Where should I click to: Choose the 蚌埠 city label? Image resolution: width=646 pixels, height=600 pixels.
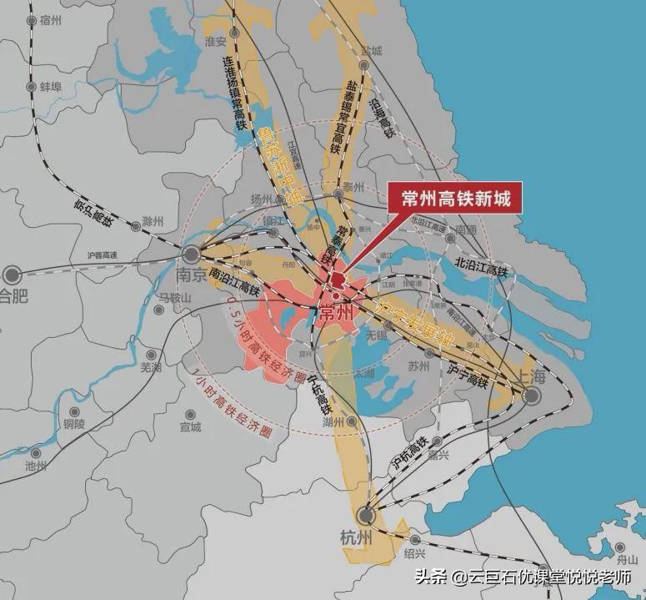point(51,86)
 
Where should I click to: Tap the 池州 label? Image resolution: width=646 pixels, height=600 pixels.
point(36,466)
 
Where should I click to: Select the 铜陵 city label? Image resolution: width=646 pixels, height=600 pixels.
point(74,424)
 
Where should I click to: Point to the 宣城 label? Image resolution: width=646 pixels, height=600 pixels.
point(190,427)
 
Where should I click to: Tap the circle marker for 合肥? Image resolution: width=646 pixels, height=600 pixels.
point(13,273)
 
